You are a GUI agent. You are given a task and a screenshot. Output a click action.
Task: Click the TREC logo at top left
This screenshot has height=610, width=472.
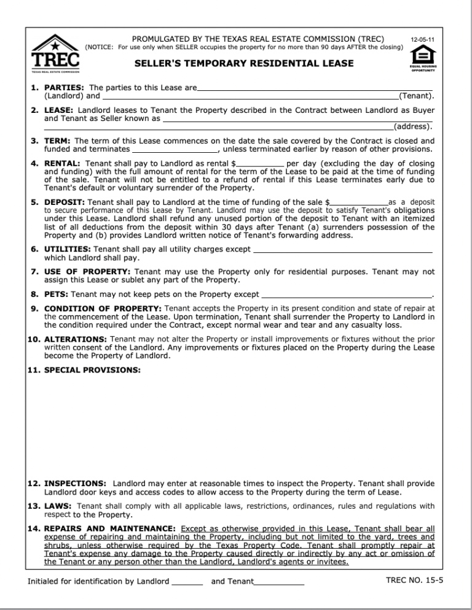(x=55, y=55)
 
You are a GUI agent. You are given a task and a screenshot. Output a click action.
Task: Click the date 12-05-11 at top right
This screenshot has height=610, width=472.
(x=423, y=40)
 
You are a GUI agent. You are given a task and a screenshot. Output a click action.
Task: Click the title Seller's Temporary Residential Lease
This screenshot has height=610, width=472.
(x=244, y=63)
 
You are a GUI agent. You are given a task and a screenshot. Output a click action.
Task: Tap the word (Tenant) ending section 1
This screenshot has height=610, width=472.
(x=417, y=96)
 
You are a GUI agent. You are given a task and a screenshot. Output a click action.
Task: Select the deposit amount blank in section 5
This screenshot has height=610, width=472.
(x=360, y=202)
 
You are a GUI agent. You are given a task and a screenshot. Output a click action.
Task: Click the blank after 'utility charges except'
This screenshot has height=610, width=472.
(x=343, y=249)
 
